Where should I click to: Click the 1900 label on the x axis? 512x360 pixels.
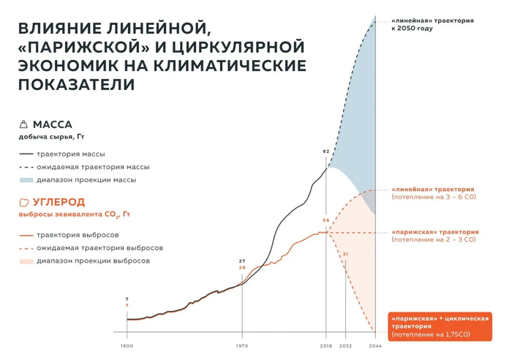(x=127, y=345)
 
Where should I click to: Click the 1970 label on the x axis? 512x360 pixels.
(x=243, y=345)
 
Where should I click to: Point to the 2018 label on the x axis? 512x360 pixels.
(x=325, y=345)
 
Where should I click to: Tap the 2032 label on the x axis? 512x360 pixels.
(x=347, y=345)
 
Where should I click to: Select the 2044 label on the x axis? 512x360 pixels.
(x=376, y=345)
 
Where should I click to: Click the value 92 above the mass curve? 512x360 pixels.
(x=325, y=151)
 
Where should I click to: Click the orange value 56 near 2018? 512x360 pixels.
(x=325, y=220)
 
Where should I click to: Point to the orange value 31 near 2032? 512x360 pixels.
(x=346, y=254)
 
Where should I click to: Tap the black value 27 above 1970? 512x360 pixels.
(x=242, y=261)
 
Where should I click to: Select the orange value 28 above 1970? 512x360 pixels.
(x=242, y=268)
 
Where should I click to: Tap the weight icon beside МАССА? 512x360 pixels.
(x=24, y=124)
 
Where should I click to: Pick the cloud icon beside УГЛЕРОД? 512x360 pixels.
(x=24, y=202)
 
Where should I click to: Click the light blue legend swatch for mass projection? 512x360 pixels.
(x=26, y=179)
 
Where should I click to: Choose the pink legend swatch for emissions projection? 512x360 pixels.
(x=26, y=260)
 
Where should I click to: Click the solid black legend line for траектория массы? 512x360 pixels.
(x=26, y=154)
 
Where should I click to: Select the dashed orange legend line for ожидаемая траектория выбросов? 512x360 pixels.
(x=26, y=248)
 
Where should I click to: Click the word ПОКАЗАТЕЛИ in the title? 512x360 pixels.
(x=78, y=84)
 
